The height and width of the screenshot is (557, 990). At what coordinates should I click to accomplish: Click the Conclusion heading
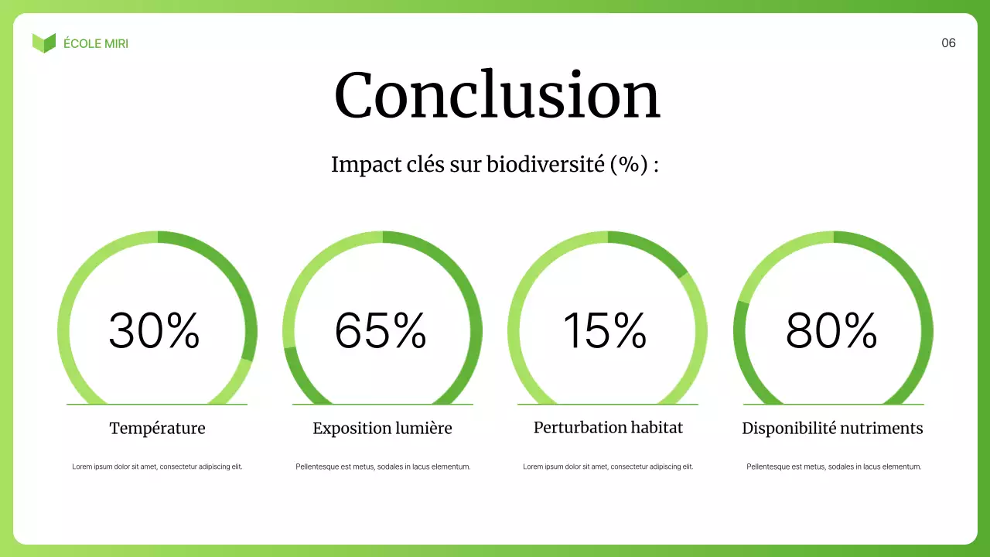click(x=497, y=95)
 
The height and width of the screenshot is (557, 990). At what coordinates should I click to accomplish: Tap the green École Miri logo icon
click(x=44, y=43)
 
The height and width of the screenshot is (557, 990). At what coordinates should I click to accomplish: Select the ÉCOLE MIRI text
click(x=96, y=43)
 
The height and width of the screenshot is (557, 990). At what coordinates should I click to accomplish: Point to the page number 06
click(x=948, y=43)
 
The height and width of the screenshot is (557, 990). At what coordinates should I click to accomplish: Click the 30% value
click(x=154, y=330)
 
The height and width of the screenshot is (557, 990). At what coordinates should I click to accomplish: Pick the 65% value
click(x=380, y=330)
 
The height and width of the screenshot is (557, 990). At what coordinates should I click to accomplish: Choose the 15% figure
click(x=605, y=330)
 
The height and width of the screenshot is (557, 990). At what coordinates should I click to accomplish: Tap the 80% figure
click(x=831, y=330)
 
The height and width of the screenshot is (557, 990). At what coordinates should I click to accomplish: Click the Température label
click(x=157, y=428)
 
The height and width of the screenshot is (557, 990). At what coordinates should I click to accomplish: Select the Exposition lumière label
click(x=382, y=428)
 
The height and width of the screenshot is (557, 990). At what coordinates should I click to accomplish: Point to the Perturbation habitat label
click(x=608, y=427)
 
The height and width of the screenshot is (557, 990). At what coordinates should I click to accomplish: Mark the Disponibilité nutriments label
click(x=832, y=428)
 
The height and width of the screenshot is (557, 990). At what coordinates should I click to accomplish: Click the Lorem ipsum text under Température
click(x=157, y=466)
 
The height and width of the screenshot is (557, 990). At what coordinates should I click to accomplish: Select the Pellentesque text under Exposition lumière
click(x=383, y=466)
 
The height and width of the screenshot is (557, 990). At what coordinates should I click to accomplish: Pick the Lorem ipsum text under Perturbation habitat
click(x=608, y=466)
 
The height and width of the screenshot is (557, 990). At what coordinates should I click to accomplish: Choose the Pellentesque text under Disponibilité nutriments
click(x=834, y=466)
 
